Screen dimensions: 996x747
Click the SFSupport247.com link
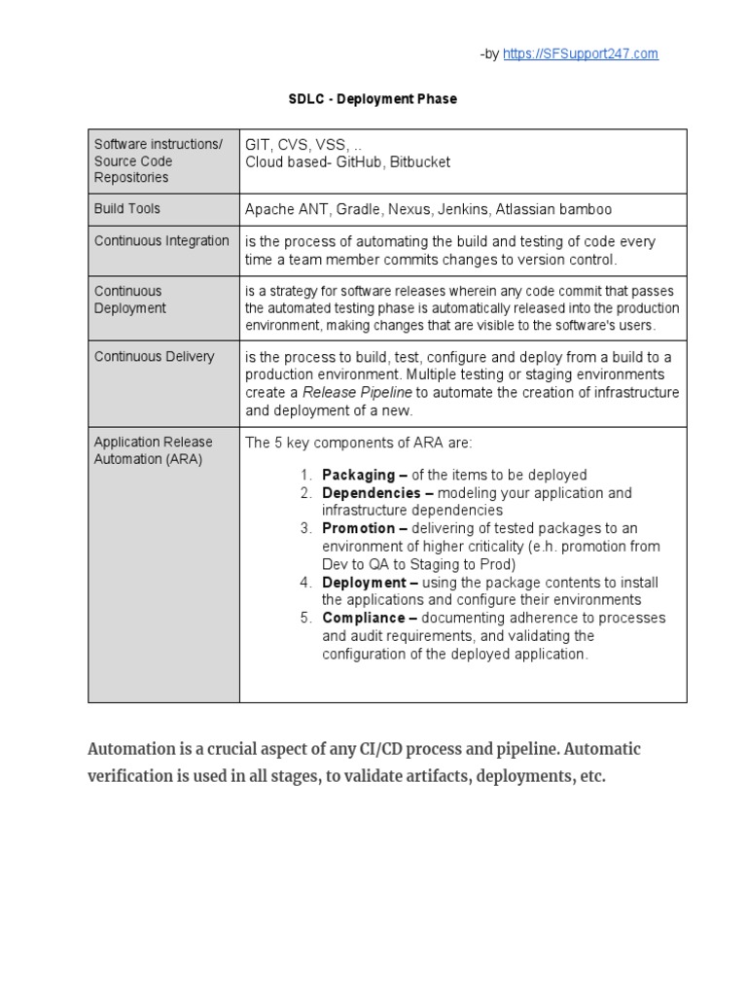point(580,54)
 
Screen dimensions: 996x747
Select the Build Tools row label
point(127,209)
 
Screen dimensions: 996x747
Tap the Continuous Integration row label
point(161,241)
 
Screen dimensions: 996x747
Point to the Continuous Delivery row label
point(154,357)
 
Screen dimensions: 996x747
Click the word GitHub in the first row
point(360,162)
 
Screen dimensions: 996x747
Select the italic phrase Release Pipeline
point(357,393)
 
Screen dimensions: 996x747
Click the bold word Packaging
point(358,476)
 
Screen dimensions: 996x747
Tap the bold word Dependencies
point(371,493)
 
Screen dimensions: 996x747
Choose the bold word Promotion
point(358,528)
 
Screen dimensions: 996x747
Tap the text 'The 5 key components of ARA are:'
point(358,444)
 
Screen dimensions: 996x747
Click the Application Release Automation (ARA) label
point(153,450)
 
